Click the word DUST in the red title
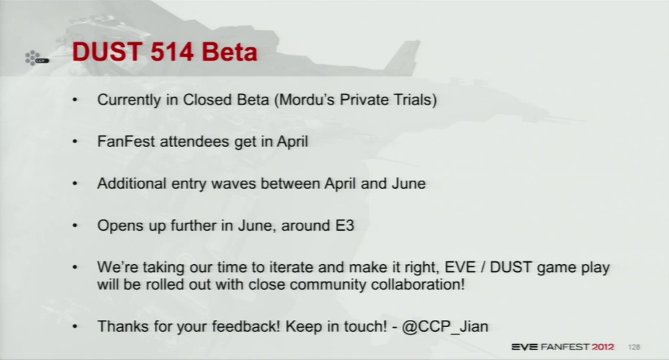tap(107, 52)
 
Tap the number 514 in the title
tap(172, 52)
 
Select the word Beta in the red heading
tap(229, 52)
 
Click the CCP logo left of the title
tap(37, 58)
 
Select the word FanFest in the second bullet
tap(126, 141)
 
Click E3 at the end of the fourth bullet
tap(345, 225)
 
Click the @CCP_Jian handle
tap(445, 326)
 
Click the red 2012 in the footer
tap(603, 348)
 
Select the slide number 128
tap(634, 348)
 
